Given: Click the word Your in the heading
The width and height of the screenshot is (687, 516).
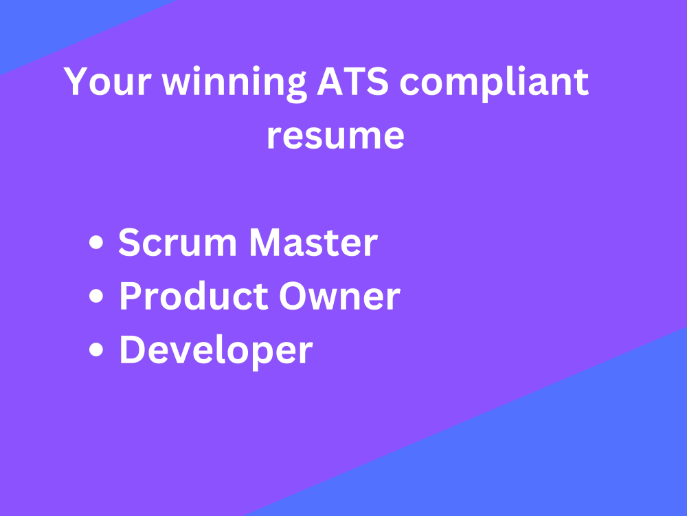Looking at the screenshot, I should (x=106, y=83).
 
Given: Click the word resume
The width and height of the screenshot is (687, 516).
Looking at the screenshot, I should (x=335, y=136).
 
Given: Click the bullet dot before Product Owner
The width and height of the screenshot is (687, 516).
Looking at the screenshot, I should (x=98, y=297).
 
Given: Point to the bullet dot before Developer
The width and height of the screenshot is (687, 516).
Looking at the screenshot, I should (x=98, y=351).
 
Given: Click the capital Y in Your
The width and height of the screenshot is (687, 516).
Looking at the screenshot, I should (x=75, y=83).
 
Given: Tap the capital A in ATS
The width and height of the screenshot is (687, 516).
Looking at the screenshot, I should (x=332, y=83).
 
